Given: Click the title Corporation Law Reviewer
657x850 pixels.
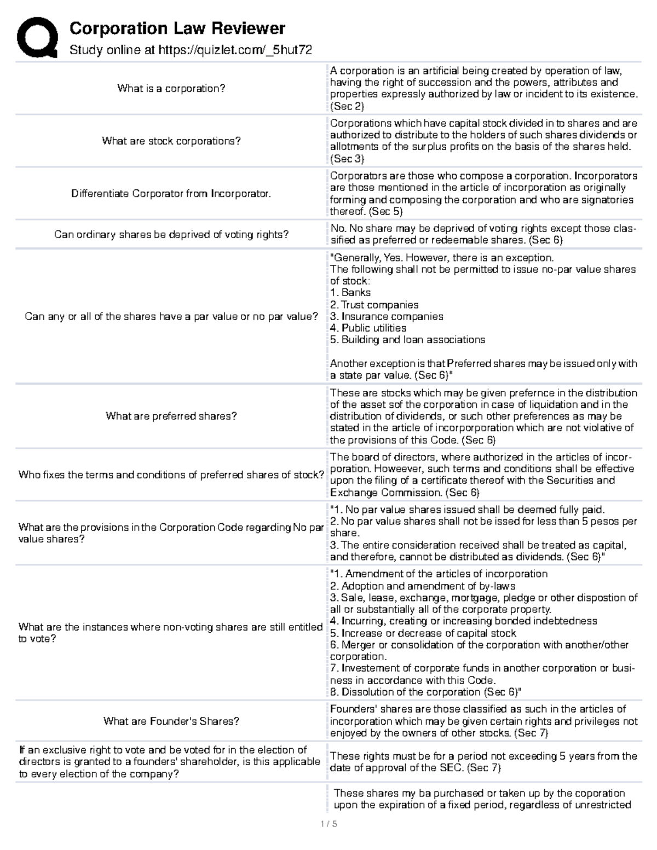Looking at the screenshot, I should (177, 28).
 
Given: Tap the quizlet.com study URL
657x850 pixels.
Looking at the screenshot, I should (235, 50).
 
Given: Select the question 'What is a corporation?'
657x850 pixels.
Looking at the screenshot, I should (171, 89).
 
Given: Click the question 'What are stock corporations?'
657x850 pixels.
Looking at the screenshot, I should (171, 141).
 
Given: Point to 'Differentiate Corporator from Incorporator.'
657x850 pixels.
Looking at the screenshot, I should (171, 194).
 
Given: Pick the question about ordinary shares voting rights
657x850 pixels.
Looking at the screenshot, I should (171, 235).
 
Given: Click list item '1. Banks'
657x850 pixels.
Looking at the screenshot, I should (350, 293).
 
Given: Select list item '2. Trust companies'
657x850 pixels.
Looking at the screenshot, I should (374, 305).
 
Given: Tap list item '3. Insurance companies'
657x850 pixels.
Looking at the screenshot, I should (387, 316).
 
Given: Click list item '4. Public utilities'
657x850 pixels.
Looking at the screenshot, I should (368, 328).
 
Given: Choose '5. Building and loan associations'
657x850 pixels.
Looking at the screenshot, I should (407, 340).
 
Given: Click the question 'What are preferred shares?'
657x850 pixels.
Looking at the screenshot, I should (171, 416).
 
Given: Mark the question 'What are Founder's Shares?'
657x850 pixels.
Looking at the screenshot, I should (171, 721).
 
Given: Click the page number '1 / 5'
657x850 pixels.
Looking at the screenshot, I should (328, 823).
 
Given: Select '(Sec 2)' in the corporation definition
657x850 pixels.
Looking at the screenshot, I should (347, 106).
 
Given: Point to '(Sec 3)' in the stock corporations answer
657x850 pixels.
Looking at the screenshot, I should (347, 159).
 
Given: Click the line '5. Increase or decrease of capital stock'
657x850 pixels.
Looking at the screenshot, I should (423, 633).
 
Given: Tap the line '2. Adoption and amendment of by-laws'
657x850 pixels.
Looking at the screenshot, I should (422, 586).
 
